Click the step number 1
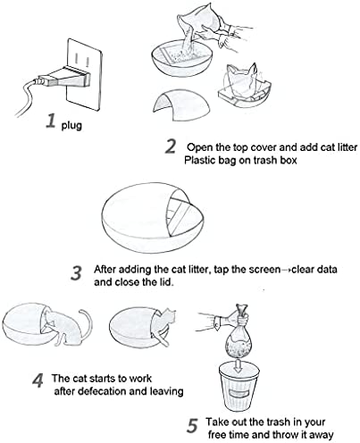[x=51, y=121]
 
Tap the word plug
[x=71, y=125]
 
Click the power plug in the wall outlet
[x=65, y=78]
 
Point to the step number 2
[x=171, y=146]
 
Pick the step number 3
[x=77, y=273]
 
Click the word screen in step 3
[x=264, y=270]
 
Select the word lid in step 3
[x=167, y=281]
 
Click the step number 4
[x=38, y=380]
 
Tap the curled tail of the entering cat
[x=85, y=323]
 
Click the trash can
[x=238, y=387]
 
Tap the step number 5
[x=193, y=426]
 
